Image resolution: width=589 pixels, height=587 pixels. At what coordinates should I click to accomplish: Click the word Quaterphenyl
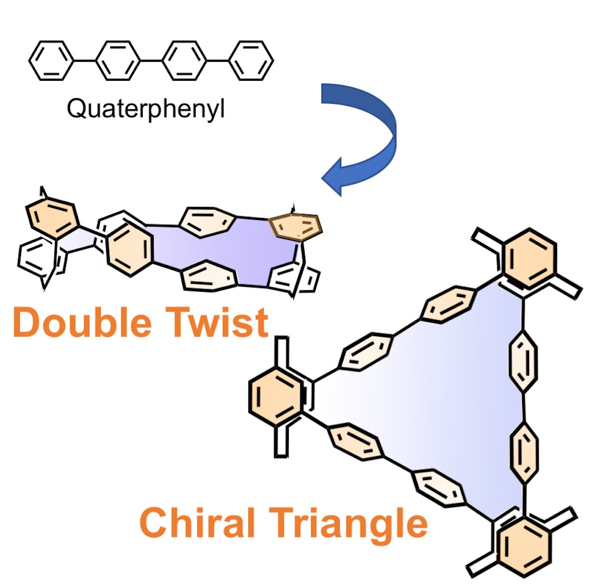[146, 108]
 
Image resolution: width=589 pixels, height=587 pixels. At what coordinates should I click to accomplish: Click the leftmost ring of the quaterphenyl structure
[50, 60]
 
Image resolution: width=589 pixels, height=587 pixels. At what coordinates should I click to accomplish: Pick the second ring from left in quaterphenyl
[118, 60]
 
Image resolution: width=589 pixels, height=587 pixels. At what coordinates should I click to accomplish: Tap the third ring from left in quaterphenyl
[185, 60]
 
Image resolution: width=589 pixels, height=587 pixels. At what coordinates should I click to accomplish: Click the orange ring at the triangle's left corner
[275, 396]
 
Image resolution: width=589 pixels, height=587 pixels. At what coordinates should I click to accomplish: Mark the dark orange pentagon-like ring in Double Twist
[296, 227]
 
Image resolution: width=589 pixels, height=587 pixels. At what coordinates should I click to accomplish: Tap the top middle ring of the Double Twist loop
[207, 220]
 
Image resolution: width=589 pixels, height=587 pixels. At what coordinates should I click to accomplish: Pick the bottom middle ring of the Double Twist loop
[208, 277]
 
